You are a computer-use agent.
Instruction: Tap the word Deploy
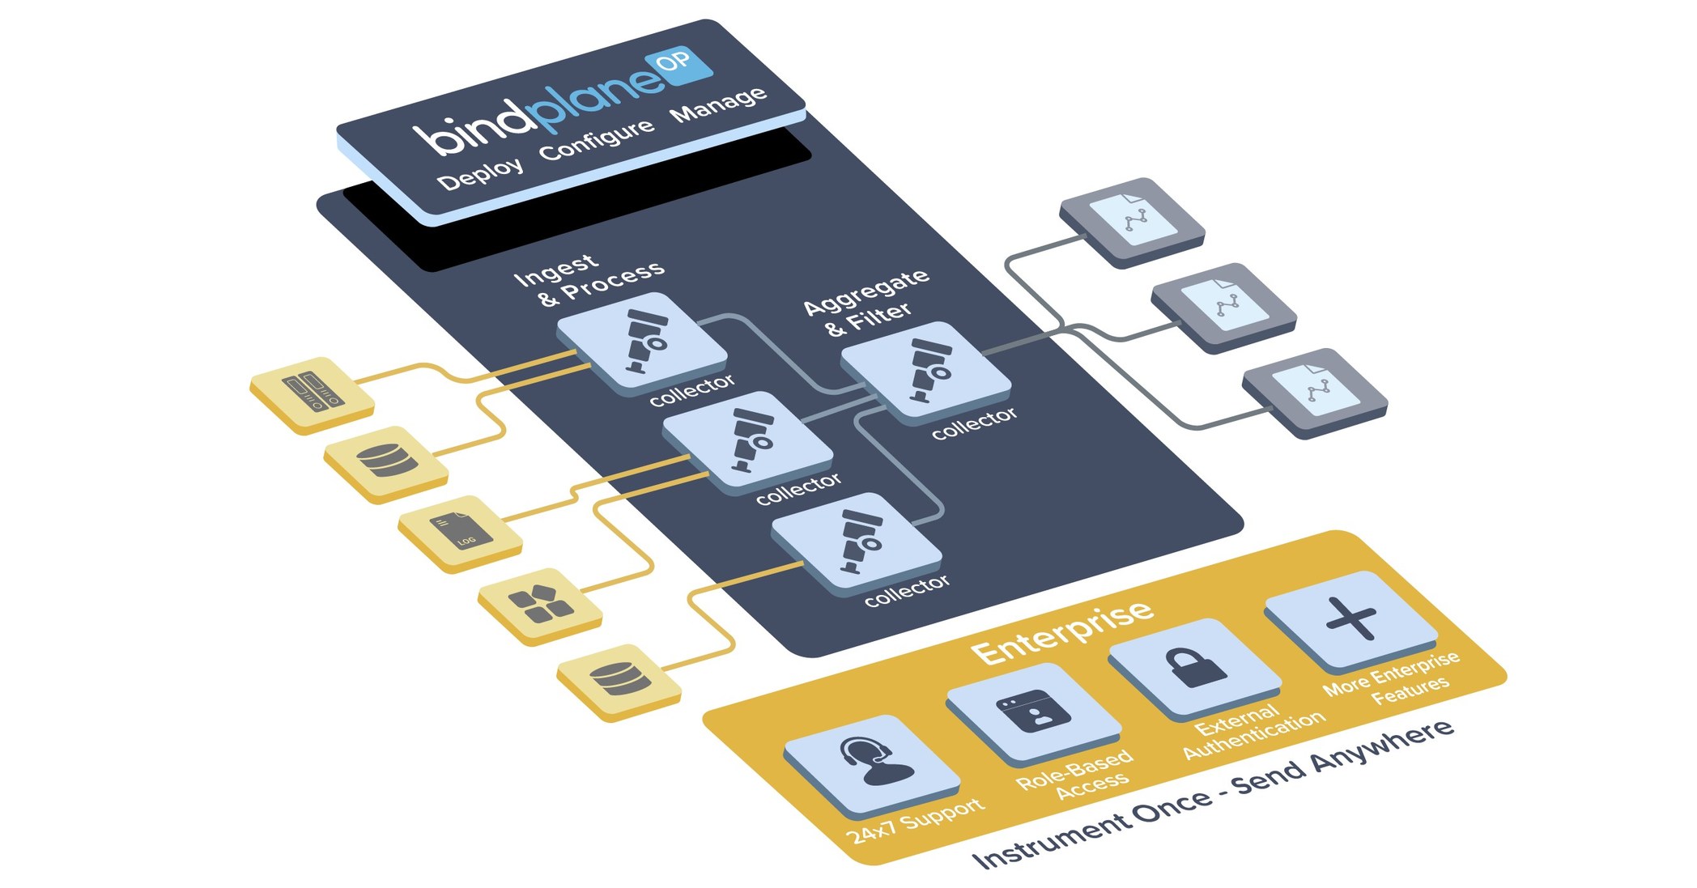pyautogui.click(x=480, y=173)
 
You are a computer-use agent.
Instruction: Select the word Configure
pyautogui.click(x=597, y=139)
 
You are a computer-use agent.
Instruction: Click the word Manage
pyautogui.click(x=718, y=104)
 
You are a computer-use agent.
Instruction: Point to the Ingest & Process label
pyautogui.click(x=589, y=280)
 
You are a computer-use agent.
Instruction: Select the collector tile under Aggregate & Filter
pyautogui.click(x=926, y=370)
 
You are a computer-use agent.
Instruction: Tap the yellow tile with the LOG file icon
pyautogui.click(x=459, y=533)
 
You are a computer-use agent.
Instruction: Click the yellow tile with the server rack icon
pyautogui.click(x=312, y=393)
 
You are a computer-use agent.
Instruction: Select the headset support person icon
pyautogui.click(x=871, y=763)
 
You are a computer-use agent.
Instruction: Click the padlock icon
pyautogui.click(x=1194, y=668)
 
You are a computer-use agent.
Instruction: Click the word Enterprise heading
pyautogui.click(x=1062, y=631)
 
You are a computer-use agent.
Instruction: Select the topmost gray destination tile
pyautogui.click(x=1131, y=220)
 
